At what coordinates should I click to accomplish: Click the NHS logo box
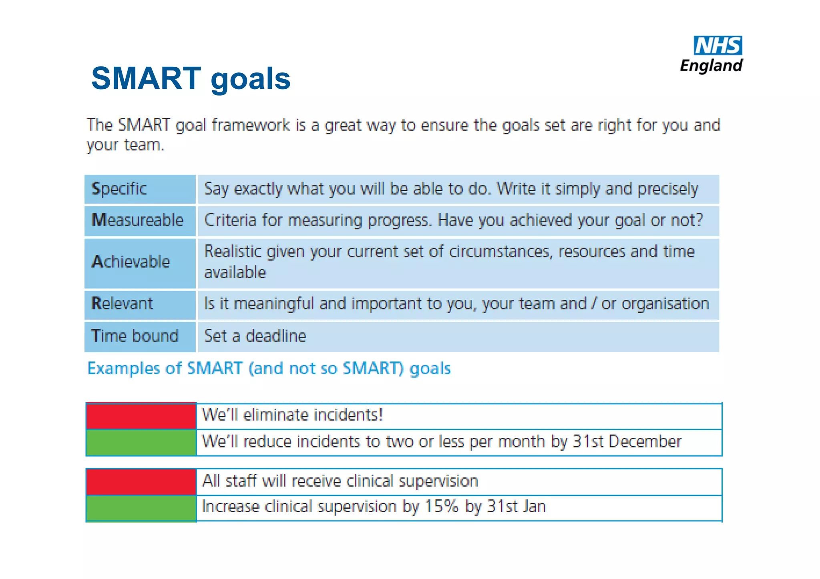click(717, 45)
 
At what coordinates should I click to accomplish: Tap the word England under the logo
click(711, 66)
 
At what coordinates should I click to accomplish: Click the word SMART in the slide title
click(146, 78)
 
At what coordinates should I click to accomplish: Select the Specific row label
click(119, 189)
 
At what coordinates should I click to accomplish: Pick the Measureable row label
click(137, 220)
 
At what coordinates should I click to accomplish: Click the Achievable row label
click(131, 262)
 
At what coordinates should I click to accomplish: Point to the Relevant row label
click(122, 303)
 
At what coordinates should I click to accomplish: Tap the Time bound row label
click(135, 336)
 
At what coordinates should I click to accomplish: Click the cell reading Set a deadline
click(255, 336)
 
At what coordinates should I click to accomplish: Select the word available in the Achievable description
click(235, 273)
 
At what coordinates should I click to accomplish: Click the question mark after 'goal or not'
click(699, 220)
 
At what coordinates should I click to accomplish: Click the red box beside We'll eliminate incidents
click(141, 416)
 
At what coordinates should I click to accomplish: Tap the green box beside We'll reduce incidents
click(141, 442)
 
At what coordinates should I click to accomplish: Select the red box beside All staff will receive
click(141, 482)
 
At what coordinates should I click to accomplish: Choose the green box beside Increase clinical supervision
click(141, 508)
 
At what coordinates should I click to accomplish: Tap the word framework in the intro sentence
click(251, 125)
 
